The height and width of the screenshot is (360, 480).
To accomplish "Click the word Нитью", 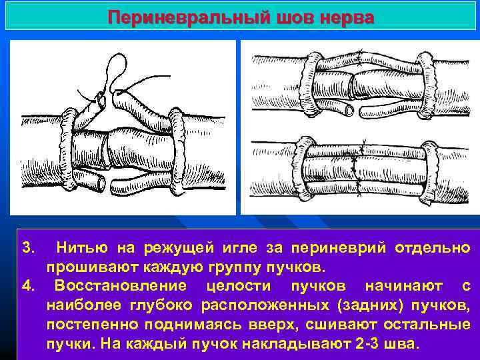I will (81, 249).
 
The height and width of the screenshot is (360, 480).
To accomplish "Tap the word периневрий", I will (329, 249).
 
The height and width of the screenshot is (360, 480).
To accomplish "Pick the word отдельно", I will (433, 249).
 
